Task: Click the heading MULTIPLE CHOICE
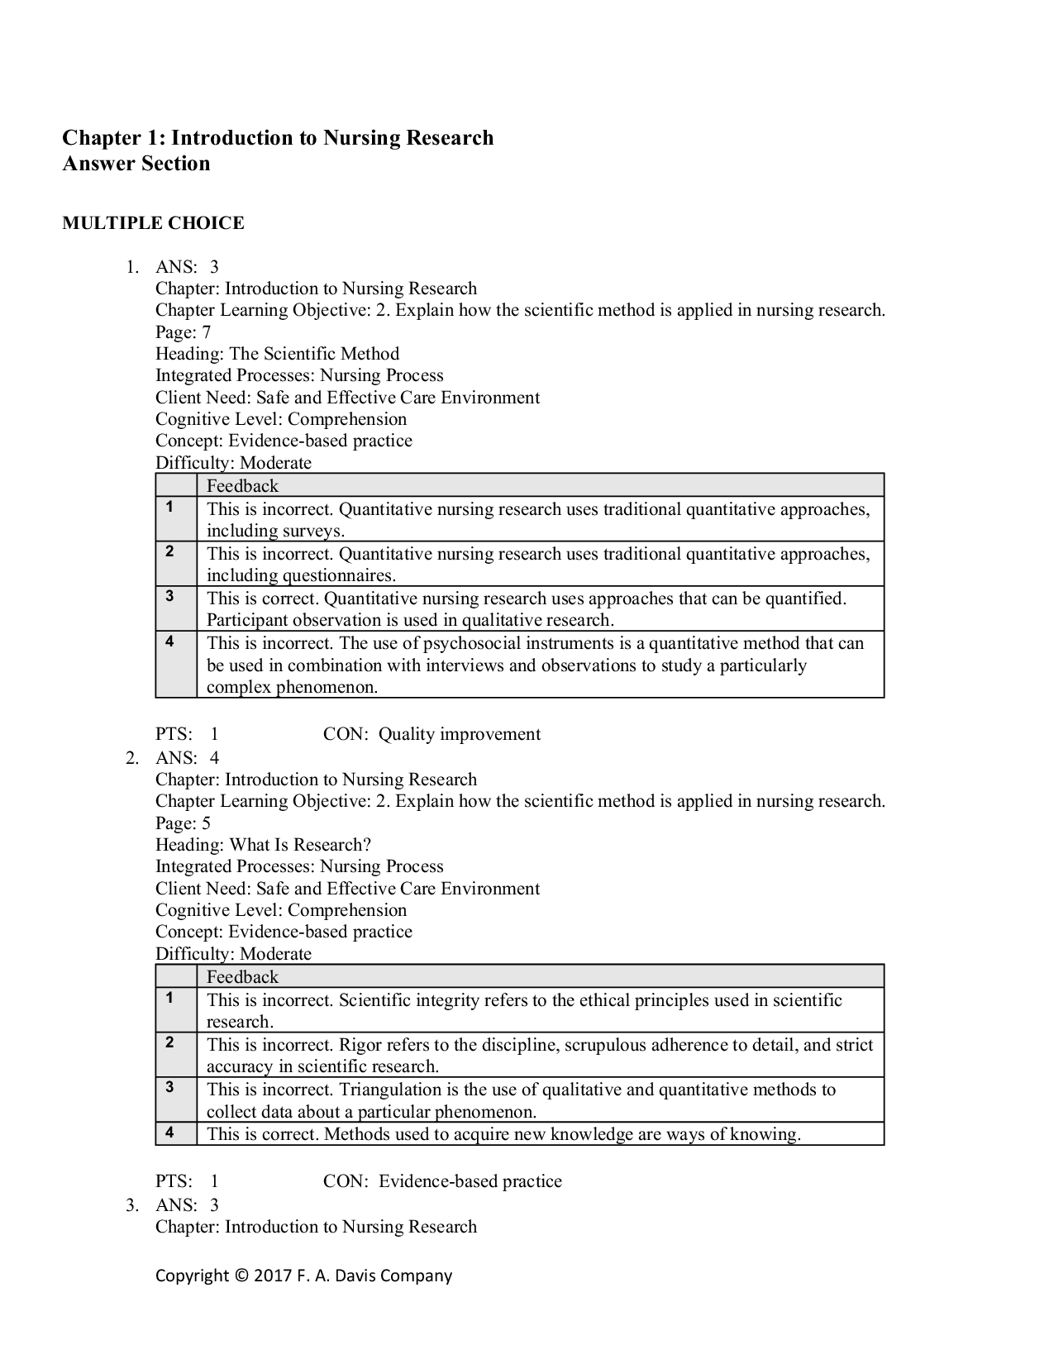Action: (x=153, y=223)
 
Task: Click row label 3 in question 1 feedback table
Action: (x=169, y=596)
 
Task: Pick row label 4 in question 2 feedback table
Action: (x=169, y=1132)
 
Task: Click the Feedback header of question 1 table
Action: (x=242, y=486)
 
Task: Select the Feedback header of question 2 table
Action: (x=242, y=977)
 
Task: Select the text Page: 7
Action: (x=183, y=332)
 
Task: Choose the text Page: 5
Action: (x=183, y=823)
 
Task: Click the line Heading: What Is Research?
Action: (x=263, y=845)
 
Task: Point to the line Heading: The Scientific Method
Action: (x=277, y=354)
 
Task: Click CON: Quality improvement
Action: (x=432, y=734)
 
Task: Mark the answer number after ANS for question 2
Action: (x=214, y=758)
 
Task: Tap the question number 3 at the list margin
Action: (x=131, y=1205)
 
